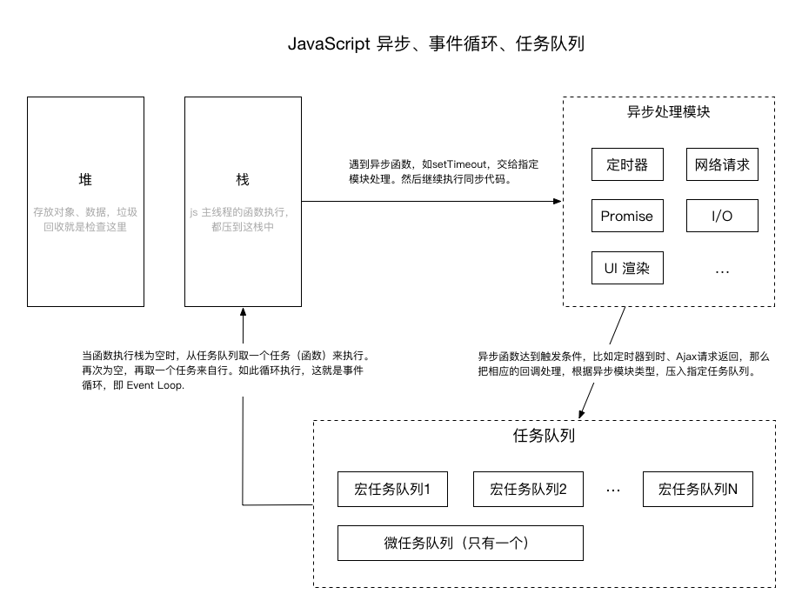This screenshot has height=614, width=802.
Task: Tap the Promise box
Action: tap(627, 217)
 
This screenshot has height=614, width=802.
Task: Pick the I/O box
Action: tap(722, 217)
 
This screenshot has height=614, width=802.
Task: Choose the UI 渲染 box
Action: tap(627, 268)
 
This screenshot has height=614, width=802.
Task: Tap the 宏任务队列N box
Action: tap(698, 490)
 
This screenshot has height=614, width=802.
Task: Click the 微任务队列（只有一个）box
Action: tap(460, 544)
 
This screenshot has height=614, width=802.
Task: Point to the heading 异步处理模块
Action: tap(668, 113)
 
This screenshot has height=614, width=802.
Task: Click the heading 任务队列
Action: tap(544, 436)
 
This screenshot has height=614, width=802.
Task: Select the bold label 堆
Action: tap(85, 180)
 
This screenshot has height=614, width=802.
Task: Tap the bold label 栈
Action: tap(243, 180)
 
